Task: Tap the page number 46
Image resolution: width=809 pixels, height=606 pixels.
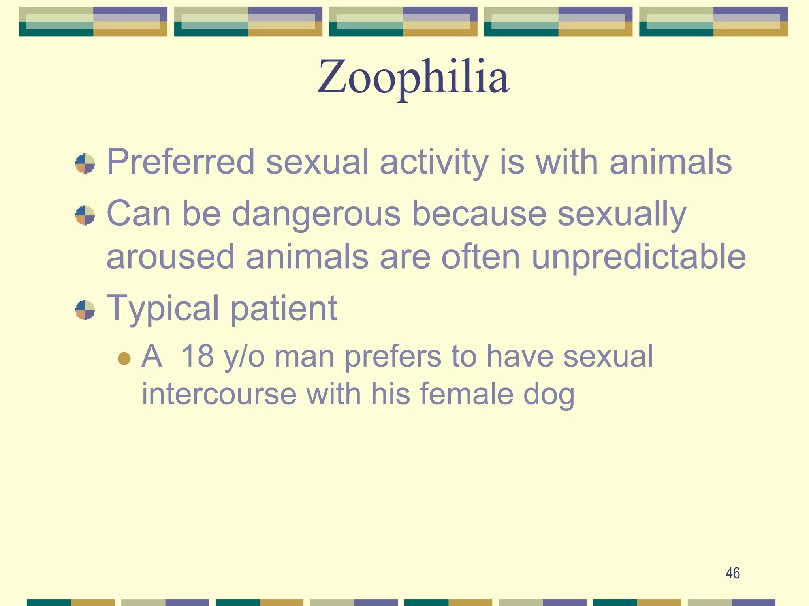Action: point(733,573)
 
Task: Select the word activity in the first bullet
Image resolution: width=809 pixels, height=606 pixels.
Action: point(434,163)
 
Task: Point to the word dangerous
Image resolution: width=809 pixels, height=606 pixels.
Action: point(316,214)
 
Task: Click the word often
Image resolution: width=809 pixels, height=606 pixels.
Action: point(481,256)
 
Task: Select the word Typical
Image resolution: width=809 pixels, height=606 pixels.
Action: point(163,309)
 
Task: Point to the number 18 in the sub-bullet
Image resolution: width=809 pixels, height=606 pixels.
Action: point(197,356)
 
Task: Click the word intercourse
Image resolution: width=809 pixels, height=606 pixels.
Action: point(219,394)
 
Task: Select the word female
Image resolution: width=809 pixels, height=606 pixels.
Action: point(467,394)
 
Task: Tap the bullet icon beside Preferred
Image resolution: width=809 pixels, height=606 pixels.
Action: point(85,164)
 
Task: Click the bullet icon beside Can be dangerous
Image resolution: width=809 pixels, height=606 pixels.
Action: point(85,215)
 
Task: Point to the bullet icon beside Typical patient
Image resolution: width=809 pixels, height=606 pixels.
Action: point(85,310)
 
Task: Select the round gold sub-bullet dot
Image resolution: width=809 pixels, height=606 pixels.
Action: point(124,358)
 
